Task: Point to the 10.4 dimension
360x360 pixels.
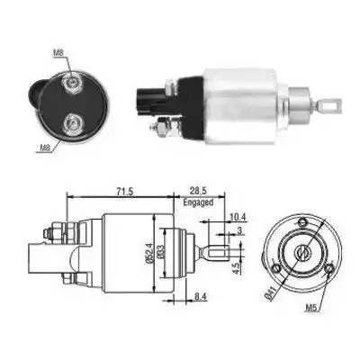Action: click(x=236, y=216)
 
